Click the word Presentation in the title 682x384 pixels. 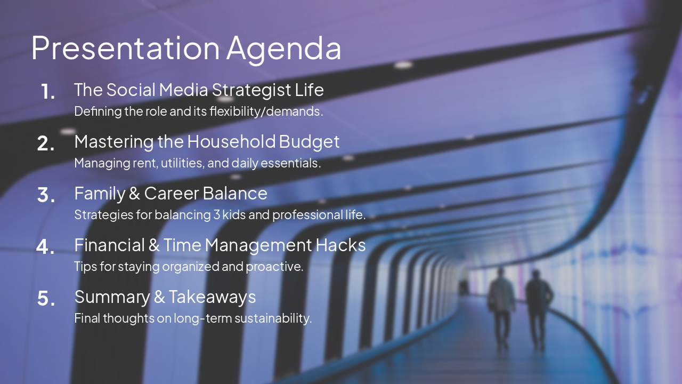click(x=125, y=48)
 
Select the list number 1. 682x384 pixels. click(x=47, y=92)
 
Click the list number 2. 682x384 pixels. click(x=46, y=143)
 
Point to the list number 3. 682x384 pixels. click(x=46, y=195)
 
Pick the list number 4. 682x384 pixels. click(x=46, y=247)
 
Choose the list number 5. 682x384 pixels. click(x=46, y=299)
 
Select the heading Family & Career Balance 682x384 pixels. click(x=170, y=193)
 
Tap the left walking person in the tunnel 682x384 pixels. click(x=501, y=307)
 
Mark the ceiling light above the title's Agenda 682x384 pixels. click(x=403, y=65)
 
